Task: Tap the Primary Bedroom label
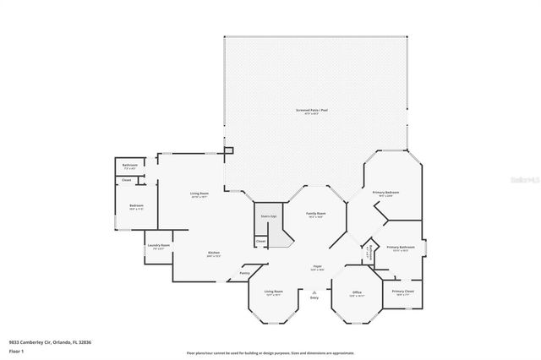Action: pyautogui.click(x=385, y=193)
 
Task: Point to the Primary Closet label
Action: pyautogui.click(x=402, y=291)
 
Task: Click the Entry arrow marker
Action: pyautogui.click(x=314, y=292)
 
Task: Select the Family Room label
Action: pyautogui.click(x=315, y=214)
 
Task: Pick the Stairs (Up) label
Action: pyautogui.click(x=268, y=217)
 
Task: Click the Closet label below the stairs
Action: pyautogui.click(x=261, y=242)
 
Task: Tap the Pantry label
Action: pyautogui.click(x=244, y=273)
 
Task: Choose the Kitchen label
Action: pyautogui.click(x=215, y=253)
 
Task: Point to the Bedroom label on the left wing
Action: pyautogui.click(x=136, y=206)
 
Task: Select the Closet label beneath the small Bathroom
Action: pyautogui.click(x=126, y=180)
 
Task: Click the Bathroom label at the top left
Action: pyautogui.click(x=130, y=165)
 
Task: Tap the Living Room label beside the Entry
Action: pyautogui.click(x=272, y=292)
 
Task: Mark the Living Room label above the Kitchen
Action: pyautogui.click(x=199, y=194)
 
